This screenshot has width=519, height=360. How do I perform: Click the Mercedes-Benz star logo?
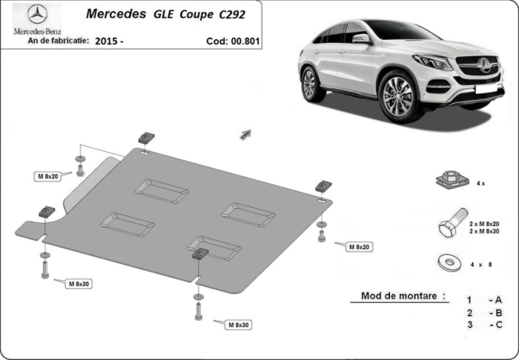pyautogui.click(x=36, y=13)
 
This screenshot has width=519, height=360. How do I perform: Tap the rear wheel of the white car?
pyautogui.click(x=310, y=83)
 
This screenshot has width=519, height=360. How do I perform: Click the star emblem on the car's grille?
pyautogui.click(x=486, y=65)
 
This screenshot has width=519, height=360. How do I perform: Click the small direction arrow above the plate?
pyautogui.click(x=246, y=133)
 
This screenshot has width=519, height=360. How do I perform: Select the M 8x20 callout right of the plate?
pyautogui.click(x=359, y=246)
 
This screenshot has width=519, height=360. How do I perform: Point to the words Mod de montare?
pyautogui.click(x=403, y=296)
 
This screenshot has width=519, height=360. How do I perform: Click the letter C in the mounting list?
pyautogui.click(x=498, y=324)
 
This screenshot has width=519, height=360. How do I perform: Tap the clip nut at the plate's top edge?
pyautogui.click(x=145, y=139)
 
